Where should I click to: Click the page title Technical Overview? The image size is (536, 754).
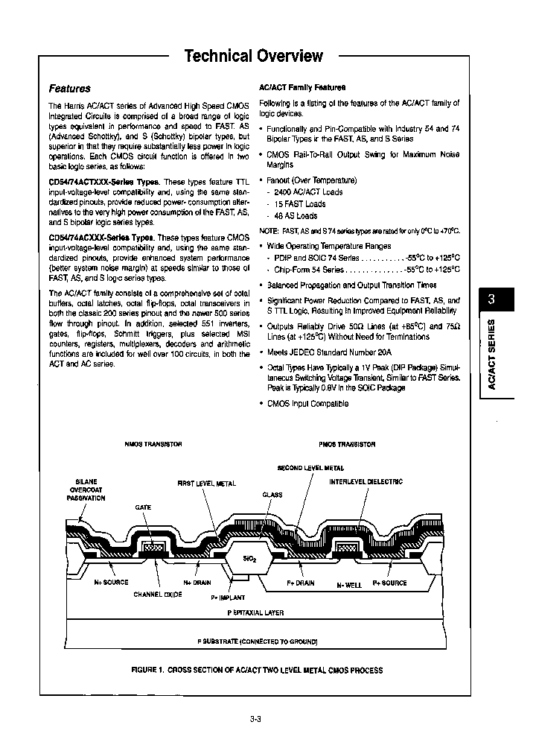[x=253, y=56]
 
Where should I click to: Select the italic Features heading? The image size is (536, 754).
[x=69, y=88]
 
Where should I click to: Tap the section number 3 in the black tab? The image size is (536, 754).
[x=491, y=300]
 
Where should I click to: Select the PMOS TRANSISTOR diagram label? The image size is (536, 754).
[x=347, y=445]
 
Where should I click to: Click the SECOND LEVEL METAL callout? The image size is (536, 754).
[x=310, y=468]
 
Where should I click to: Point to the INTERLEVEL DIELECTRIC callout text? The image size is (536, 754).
[x=366, y=482]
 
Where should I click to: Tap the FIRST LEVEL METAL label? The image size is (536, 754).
[x=206, y=484]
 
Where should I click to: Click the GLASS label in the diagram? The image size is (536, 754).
[x=272, y=495]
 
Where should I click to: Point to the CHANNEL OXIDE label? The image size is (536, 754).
[x=159, y=595]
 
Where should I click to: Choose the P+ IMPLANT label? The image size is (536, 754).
[x=228, y=598]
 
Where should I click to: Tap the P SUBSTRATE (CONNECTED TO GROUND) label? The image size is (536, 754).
[x=257, y=641]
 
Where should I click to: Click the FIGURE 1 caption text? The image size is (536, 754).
[x=257, y=670]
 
